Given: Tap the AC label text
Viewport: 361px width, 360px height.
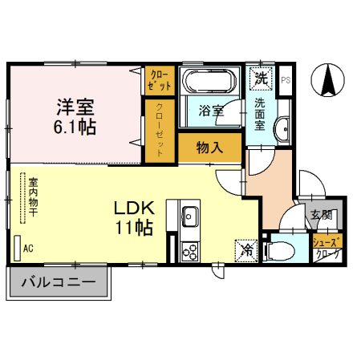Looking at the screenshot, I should coord(28,249).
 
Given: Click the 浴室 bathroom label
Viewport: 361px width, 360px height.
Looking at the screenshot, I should coord(211,111).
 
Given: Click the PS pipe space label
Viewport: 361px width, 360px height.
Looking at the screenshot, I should coord(285,79).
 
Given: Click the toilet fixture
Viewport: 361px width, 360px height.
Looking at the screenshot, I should coord(278,250).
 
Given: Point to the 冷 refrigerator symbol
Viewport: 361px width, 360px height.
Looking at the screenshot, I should coord(246,249).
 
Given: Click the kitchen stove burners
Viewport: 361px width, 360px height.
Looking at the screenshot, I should coord(190,252).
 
